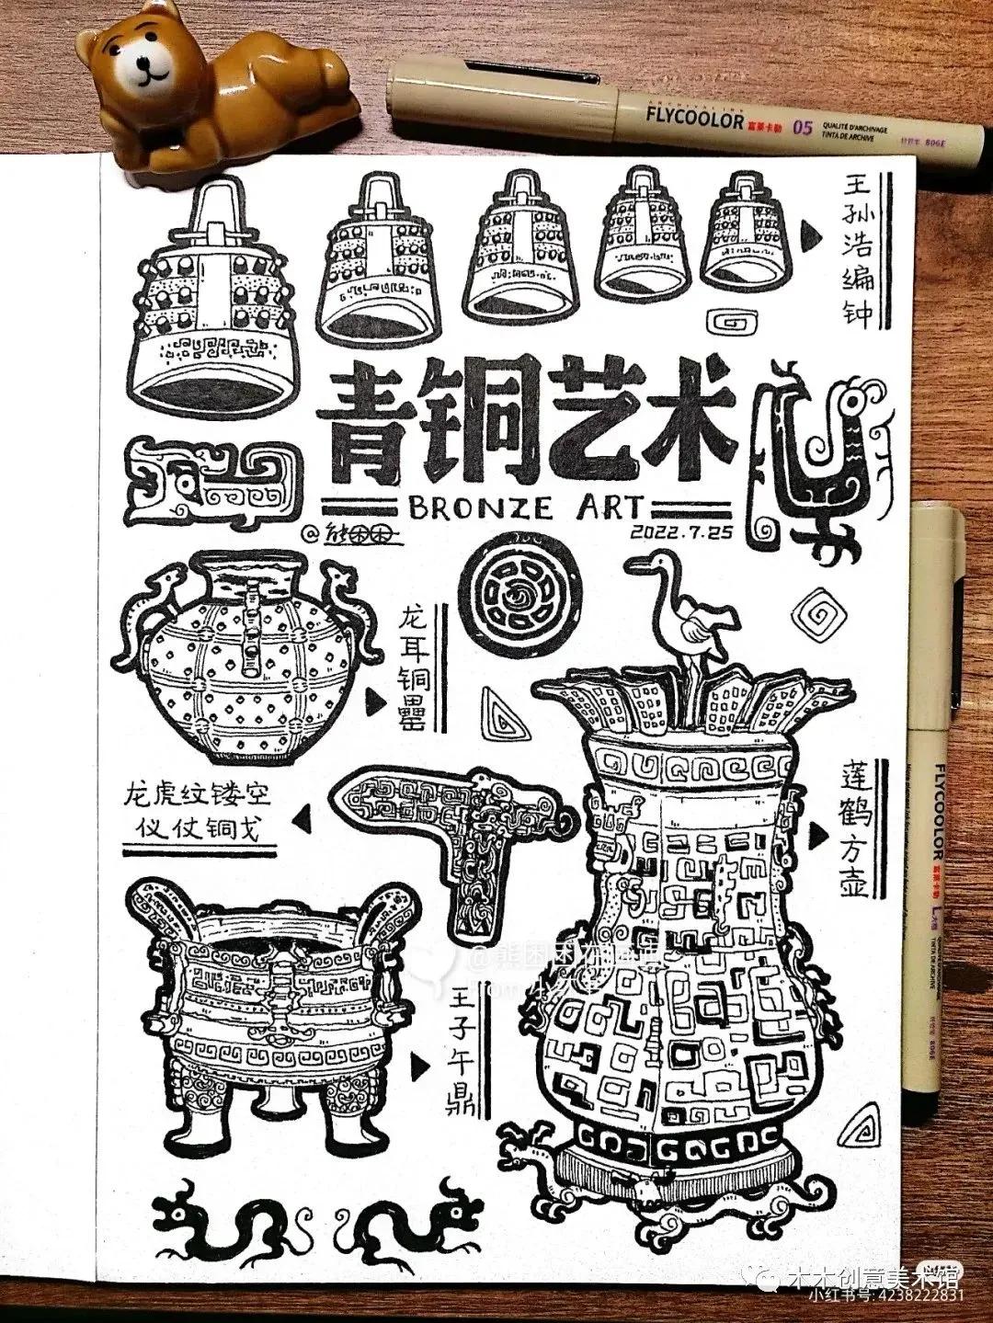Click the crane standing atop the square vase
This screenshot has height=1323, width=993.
click(x=693, y=620)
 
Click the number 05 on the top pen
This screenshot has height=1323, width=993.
click(x=803, y=127)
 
